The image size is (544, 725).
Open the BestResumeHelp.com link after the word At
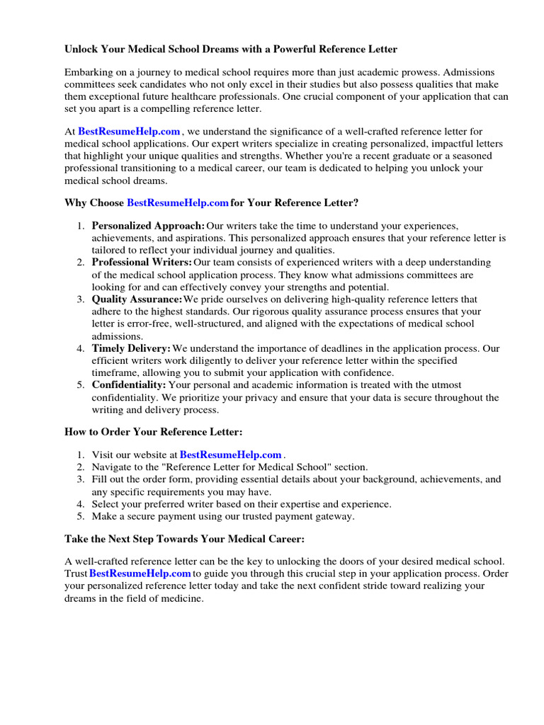click(130, 131)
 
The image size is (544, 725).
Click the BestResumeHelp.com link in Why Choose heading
click(178, 203)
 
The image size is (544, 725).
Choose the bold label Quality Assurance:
click(137, 299)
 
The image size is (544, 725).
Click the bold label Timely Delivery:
click(131, 348)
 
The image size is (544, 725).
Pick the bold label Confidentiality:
click(129, 384)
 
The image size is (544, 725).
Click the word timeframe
click(117, 372)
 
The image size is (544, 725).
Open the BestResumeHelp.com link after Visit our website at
click(231, 455)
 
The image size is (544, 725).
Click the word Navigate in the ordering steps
click(113, 467)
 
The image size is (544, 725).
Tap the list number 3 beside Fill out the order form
click(81, 479)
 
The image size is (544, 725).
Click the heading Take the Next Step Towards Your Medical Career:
click(184, 539)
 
